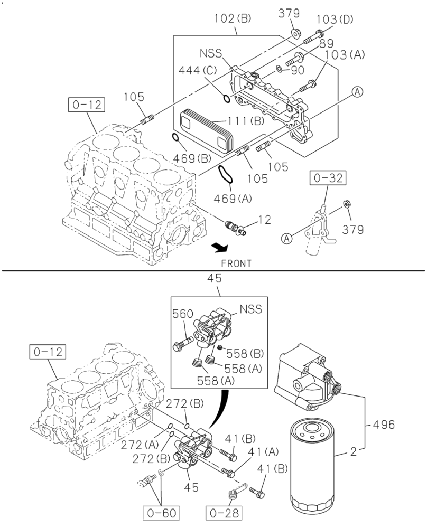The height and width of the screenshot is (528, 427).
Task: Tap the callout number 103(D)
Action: point(335,20)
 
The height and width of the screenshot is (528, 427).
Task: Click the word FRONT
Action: point(236,262)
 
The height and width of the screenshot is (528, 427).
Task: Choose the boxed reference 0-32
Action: point(328,180)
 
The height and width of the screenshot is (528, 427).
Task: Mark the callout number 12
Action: point(264,218)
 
